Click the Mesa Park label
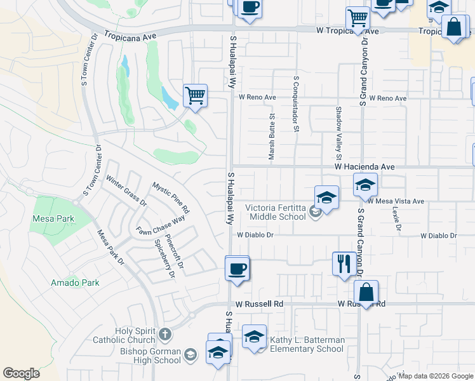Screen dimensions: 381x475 tap(53, 219)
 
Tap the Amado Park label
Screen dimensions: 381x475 tap(75, 283)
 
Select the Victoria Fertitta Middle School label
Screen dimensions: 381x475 tap(276, 212)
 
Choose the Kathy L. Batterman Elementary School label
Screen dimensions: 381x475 tap(307, 344)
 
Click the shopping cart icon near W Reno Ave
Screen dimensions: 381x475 tap(195, 96)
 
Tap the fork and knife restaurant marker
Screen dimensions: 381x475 tap(344, 262)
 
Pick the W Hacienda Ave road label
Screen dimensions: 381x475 tap(365, 166)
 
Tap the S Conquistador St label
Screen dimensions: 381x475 tap(296, 104)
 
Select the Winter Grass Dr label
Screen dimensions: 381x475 tap(126, 192)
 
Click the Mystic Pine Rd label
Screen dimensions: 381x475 tap(171, 197)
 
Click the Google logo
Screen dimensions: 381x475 tap(21, 373)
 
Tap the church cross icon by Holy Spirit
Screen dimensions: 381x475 tap(164, 333)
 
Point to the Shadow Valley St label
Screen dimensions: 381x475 tap(338, 133)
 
